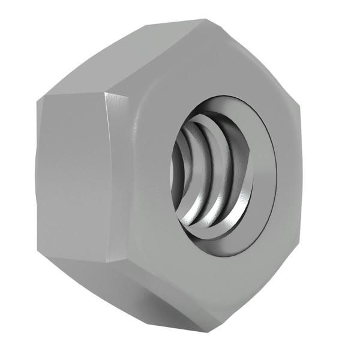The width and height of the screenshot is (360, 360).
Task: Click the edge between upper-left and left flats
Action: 72,94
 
